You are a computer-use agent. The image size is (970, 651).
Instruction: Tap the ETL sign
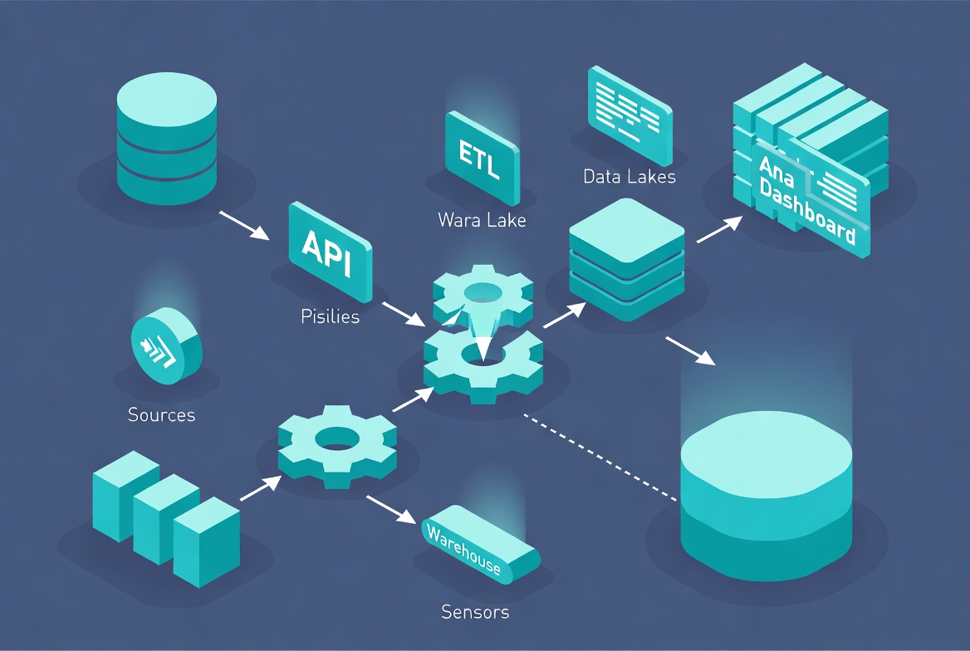coord(481,159)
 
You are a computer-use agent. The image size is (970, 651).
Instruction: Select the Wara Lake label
coord(482,221)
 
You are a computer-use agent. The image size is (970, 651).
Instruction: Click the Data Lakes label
coord(629,176)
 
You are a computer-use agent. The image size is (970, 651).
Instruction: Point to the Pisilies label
coord(330,316)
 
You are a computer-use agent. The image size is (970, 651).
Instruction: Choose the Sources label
coord(161,414)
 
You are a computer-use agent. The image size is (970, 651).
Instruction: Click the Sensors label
coord(475,613)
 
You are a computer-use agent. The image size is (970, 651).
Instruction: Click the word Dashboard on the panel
coord(808,212)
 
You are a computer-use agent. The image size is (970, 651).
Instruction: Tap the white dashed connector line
coord(598,458)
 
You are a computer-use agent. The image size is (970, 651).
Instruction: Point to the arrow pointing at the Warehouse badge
coord(390,509)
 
